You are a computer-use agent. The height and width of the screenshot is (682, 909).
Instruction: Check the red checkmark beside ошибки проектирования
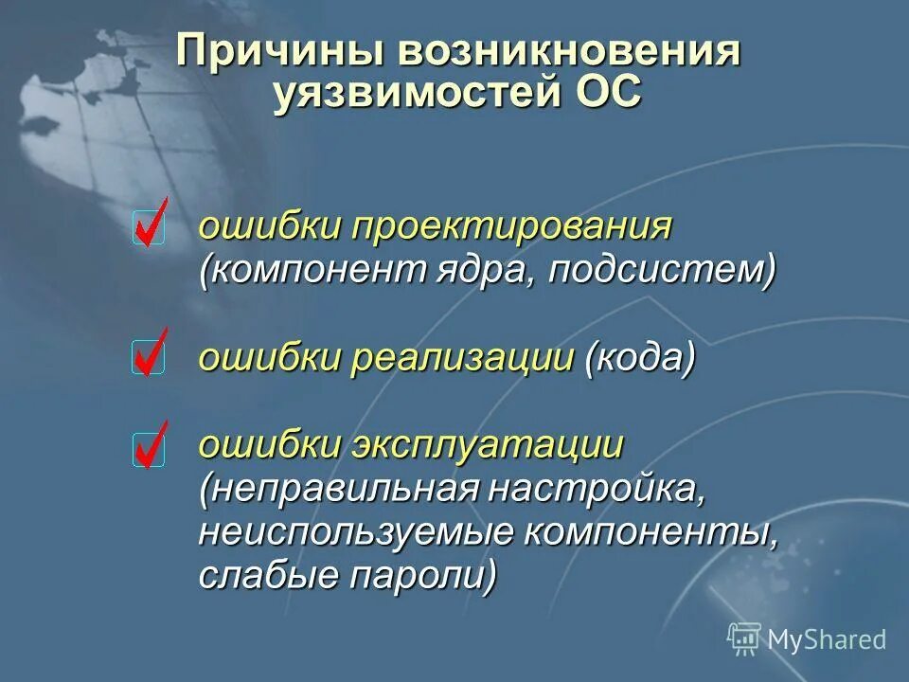pyautogui.click(x=151, y=224)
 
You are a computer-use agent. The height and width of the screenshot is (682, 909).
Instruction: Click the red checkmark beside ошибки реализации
pyautogui.click(x=150, y=353)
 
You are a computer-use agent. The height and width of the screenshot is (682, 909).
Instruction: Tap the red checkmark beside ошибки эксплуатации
pyautogui.click(x=151, y=445)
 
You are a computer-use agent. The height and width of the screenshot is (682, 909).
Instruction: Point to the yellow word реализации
pyautogui.click(x=464, y=358)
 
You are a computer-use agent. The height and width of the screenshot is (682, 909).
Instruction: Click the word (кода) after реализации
pyautogui.click(x=641, y=358)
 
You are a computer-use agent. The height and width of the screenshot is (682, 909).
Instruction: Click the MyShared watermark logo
pyautogui.click(x=807, y=638)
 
